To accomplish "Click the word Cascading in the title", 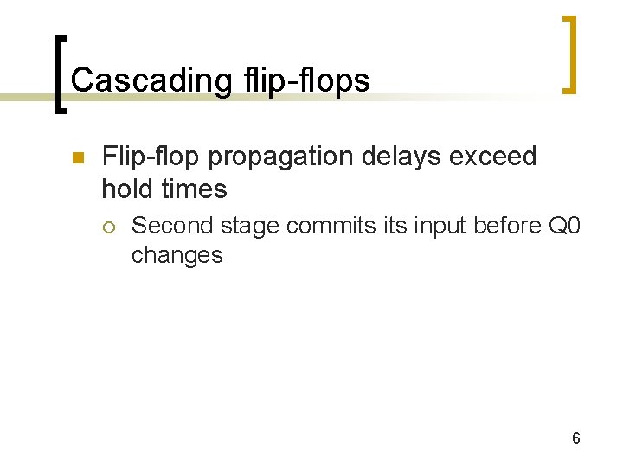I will tap(151, 80).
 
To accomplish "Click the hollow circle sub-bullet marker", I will tap(108, 227).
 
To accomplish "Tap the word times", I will tap(195, 188).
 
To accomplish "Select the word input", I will tap(437, 227).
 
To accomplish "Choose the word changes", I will tap(177, 255).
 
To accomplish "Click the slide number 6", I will tap(575, 438).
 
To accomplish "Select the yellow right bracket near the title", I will tap(568, 54).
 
